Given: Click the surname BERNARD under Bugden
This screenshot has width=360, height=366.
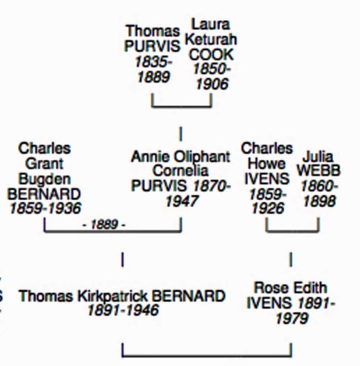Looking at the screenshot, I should tap(44, 194).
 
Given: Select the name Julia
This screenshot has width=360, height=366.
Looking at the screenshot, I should tap(318, 156).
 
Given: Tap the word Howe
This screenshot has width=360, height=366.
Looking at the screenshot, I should tap(267, 164).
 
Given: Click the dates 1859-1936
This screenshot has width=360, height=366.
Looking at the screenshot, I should tap(45, 208).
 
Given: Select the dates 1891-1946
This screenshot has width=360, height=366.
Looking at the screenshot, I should tap(122, 310).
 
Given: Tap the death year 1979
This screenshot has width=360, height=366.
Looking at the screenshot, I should tap(291, 318).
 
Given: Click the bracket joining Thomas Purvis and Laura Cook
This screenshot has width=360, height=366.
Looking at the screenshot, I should tap(181, 106).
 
